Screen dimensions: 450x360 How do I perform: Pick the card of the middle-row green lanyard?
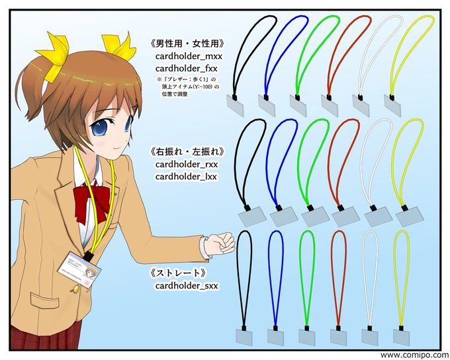[315, 215]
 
